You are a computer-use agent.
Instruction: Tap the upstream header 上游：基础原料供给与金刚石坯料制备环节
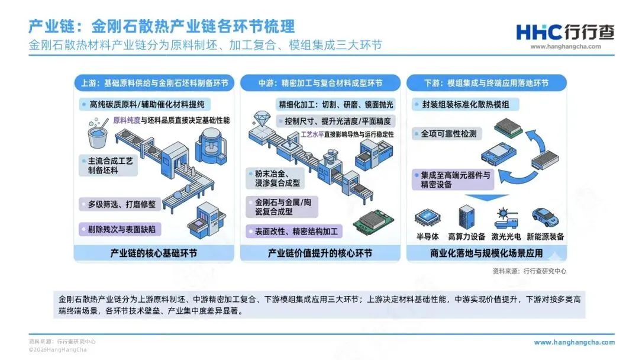(x=154, y=83)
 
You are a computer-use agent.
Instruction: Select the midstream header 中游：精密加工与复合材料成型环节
(x=320, y=83)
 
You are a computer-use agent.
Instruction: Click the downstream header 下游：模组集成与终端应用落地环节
(x=486, y=83)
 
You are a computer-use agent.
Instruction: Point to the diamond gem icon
(x=262, y=118)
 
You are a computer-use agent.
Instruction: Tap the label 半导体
(x=428, y=236)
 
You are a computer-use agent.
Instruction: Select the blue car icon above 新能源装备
(x=545, y=217)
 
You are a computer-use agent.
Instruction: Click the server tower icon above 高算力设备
(x=467, y=217)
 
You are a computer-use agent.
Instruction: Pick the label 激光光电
(x=506, y=236)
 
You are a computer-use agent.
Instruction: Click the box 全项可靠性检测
(x=447, y=134)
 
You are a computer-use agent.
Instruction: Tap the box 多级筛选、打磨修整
(x=120, y=204)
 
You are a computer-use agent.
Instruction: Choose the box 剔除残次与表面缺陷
(x=120, y=229)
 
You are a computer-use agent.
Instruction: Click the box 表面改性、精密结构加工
(x=294, y=232)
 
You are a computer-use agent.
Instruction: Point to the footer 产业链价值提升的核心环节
(x=320, y=253)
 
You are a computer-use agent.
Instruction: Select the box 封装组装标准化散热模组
(x=466, y=105)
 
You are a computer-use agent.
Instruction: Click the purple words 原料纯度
(x=127, y=120)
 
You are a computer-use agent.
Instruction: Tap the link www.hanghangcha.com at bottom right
(x=574, y=342)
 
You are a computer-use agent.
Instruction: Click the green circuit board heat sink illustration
(x=373, y=222)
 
